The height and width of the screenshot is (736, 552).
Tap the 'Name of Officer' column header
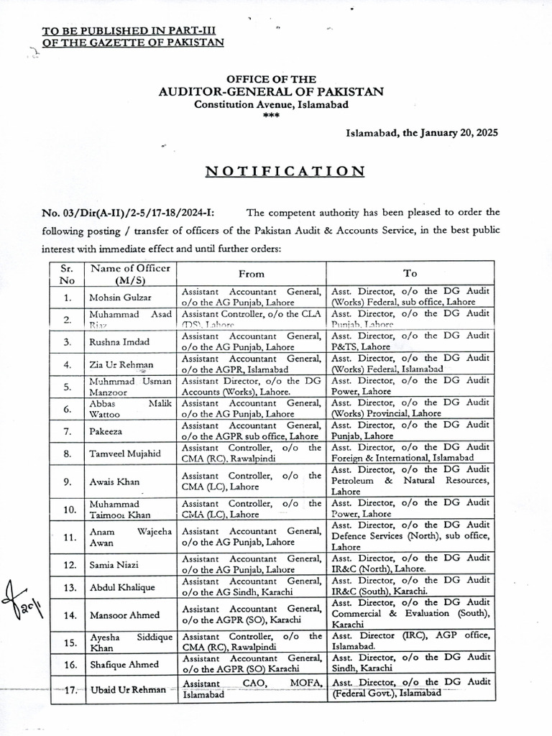[129, 273]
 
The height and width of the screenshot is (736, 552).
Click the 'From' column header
[251, 274]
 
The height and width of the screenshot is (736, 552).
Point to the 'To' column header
[410, 274]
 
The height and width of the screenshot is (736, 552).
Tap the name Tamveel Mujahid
[123, 454]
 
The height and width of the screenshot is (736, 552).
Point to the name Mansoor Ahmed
[121, 615]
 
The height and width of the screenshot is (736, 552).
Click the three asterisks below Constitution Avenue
[271, 116]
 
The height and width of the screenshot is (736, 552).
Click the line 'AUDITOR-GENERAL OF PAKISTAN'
[271, 91]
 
